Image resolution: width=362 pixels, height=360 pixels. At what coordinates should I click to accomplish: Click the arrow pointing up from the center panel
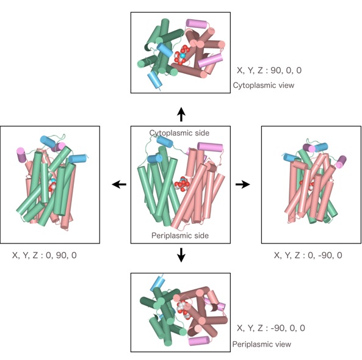pyautogui.click(x=181, y=114)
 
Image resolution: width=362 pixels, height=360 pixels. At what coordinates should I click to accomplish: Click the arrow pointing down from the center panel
pyautogui.click(x=181, y=255)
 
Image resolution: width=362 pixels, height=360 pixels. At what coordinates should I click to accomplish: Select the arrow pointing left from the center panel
pyautogui.click(x=119, y=184)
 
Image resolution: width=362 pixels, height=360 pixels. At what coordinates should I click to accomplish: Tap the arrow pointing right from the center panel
pyautogui.click(x=242, y=184)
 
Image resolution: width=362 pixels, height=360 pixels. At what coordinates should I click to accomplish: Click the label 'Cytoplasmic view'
pyautogui.click(x=264, y=85)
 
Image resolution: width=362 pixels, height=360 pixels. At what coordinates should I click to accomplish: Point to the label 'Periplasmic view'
pyautogui.click(x=261, y=344)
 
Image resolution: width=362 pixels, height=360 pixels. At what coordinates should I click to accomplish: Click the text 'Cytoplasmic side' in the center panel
pyautogui.click(x=179, y=133)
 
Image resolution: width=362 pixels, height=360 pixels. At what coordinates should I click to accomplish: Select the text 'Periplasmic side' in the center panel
pyautogui.click(x=180, y=236)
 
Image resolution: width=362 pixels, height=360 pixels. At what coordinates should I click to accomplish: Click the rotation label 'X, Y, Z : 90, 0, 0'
pyautogui.click(x=269, y=70)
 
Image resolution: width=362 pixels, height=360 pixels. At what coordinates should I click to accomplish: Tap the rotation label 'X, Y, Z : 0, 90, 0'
pyautogui.click(x=45, y=255)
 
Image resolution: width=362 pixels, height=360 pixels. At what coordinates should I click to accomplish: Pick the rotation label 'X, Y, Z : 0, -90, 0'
pyautogui.click(x=308, y=255)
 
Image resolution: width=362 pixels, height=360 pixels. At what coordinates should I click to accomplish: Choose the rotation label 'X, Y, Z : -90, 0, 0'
pyautogui.click(x=271, y=328)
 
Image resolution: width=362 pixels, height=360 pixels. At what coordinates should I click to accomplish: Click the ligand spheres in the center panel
pyautogui.click(x=182, y=184)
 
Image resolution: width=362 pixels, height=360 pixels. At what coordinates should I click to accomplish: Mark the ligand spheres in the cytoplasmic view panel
pyautogui.click(x=181, y=56)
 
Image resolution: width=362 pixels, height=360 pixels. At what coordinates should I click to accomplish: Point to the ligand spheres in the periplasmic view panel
pyautogui.click(x=183, y=309)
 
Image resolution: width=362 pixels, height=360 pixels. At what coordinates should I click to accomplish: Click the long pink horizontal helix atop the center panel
pyautogui.click(x=210, y=147)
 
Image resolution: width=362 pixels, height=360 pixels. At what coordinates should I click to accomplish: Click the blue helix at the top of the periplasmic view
pyautogui.click(x=158, y=283)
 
